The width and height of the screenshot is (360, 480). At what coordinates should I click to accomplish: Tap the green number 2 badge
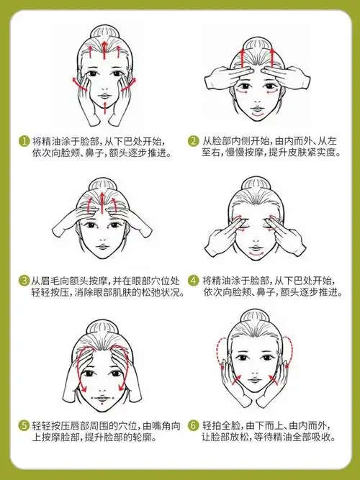pyautogui.click(x=194, y=141)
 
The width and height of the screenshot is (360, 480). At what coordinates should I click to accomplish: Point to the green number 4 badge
pyautogui.click(x=194, y=280)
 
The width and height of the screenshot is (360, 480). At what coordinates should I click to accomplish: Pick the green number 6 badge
pyautogui.click(x=194, y=425)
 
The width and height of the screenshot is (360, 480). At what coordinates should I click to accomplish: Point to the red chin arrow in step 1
pyautogui.click(x=106, y=108)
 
